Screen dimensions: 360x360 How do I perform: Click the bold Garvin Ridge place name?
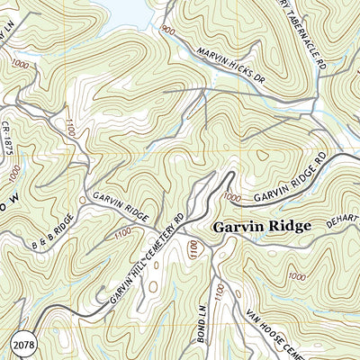pyautogui.click(x=261, y=228)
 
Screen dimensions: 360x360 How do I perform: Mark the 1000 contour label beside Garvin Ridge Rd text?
pyautogui.click(x=232, y=196)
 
